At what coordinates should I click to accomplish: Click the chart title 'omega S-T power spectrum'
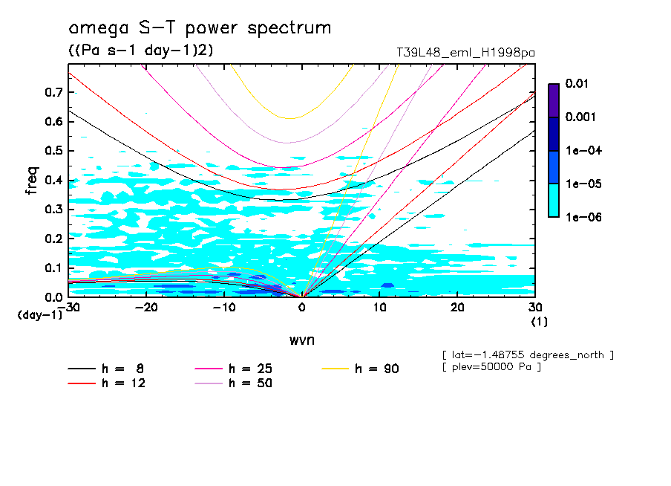click(200, 28)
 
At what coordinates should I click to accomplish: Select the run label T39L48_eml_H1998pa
click(466, 53)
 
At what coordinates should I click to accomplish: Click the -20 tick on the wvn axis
click(146, 308)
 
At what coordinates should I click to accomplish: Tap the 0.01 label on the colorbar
click(577, 84)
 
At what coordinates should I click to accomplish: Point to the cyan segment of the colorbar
click(554, 200)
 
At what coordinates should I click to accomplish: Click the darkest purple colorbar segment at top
click(554, 100)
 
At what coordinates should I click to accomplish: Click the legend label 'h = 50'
click(250, 383)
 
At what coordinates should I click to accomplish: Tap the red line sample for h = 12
click(82, 383)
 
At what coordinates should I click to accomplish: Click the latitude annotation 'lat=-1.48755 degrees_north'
click(527, 354)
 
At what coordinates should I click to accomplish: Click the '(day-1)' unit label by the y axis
click(39, 315)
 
